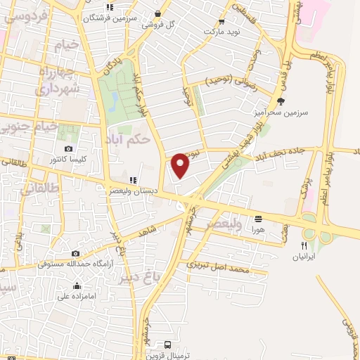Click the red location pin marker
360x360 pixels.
pos(181,165)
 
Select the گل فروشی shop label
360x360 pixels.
pos(157,24)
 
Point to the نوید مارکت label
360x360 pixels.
pos(222,32)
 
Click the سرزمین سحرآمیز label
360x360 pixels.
pos(280,112)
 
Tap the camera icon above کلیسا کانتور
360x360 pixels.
pos(68,148)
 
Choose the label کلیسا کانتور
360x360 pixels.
pos(74,160)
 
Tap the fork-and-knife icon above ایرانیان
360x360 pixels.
pos(304,245)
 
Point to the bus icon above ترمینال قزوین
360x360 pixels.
pos(167,345)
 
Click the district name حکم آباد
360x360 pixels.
pos(131,139)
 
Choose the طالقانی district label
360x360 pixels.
pos(25,187)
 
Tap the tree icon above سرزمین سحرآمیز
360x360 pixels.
pos(281,101)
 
